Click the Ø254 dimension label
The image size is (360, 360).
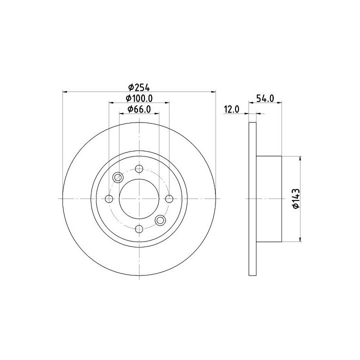coord(139,87)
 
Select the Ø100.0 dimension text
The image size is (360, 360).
coord(139,98)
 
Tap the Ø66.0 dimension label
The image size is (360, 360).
coord(139,109)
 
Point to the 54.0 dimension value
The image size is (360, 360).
coord(265,98)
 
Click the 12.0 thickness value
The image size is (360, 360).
coord(231,109)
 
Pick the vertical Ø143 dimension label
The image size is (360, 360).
coord(296,198)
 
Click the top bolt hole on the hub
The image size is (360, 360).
coord(139,169)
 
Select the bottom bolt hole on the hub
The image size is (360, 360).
coord(139,228)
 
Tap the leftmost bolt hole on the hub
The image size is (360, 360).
coord(109,198)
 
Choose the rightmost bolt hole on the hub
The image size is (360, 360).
coord(169,198)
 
